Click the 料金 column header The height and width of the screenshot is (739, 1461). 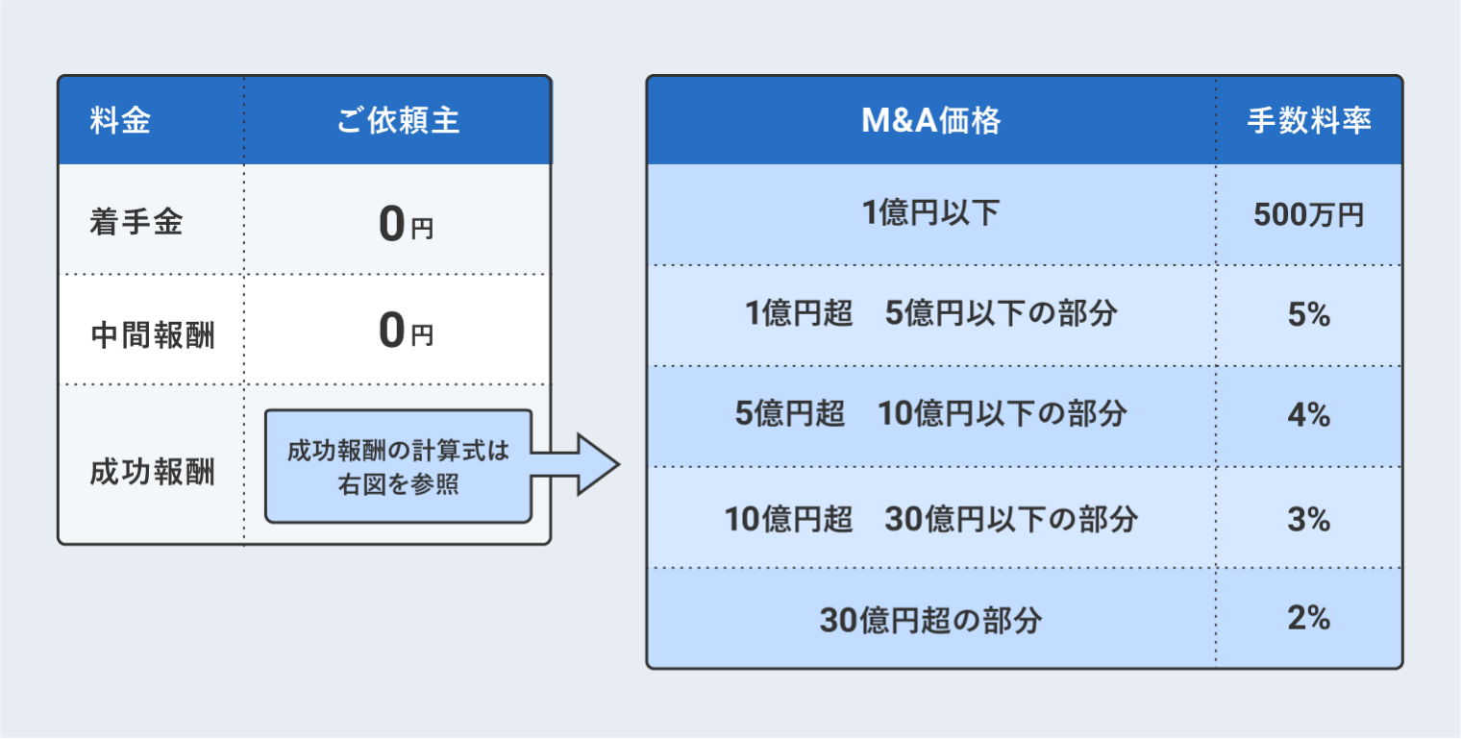[120, 122]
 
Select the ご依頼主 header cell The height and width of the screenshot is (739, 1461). [398, 122]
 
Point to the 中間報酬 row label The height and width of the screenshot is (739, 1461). [151, 335]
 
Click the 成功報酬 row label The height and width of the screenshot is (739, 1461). [151, 472]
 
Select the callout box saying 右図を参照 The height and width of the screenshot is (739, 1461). [398, 467]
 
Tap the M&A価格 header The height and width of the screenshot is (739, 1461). [930, 121]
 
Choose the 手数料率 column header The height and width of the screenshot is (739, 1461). [1308, 121]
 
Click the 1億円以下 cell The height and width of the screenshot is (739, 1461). [930, 213]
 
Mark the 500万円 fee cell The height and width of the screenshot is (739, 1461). [1308, 215]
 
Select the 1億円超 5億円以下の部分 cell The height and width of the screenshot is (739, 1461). [930, 314]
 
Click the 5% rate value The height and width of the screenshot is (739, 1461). [1308, 314]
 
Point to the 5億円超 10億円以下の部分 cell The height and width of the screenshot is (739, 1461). [930, 415]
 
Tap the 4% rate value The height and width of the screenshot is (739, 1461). [1308, 415]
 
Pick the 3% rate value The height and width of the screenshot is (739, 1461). [1308, 519]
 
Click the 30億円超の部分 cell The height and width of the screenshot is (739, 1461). [930, 620]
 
